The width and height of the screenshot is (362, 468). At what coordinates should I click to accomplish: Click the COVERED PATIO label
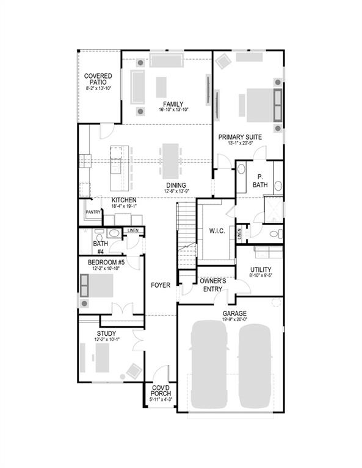coord(98,80)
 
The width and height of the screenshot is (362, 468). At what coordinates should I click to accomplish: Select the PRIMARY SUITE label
coord(240,137)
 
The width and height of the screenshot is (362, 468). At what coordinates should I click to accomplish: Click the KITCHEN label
coord(124,200)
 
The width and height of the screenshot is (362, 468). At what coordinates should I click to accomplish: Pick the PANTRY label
coord(93,212)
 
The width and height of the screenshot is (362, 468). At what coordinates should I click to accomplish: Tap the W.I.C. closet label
coord(217,230)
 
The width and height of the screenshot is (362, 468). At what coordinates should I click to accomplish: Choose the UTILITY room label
coord(261,269)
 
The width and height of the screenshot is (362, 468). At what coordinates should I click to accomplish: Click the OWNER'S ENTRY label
coord(212,285)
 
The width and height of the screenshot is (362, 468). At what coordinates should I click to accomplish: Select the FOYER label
coord(161,285)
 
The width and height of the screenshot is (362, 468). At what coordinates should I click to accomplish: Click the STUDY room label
coord(107,333)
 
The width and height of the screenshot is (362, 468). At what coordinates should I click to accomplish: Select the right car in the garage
coord(255,366)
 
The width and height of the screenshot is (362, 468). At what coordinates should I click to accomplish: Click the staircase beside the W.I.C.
coord(186,235)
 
